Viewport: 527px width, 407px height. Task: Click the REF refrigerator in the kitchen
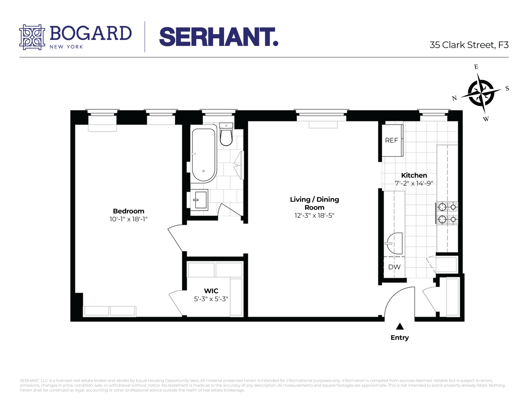(392, 140)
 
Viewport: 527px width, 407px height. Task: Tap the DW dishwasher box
(394, 267)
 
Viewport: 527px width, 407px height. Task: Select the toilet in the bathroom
(226, 135)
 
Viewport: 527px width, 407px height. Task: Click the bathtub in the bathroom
(204, 155)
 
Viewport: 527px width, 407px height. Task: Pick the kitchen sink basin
(394, 243)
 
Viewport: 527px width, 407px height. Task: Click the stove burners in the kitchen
(447, 213)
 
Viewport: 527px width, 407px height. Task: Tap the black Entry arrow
(400, 326)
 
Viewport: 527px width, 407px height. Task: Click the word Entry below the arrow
(400, 337)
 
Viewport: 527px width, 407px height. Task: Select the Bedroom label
(128, 211)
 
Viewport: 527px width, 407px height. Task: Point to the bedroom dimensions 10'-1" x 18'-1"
(128, 219)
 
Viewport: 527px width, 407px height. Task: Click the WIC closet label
(211, 291)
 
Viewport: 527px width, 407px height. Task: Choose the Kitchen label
(414, 175)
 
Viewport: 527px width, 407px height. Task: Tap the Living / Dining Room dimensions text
(314, 216)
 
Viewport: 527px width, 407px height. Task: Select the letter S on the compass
(507, 88)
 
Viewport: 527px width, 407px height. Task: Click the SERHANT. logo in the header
(219, 37)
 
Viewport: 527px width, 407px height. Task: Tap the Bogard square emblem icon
(32, 37)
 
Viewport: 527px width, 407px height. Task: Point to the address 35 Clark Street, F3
(469, 45)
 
